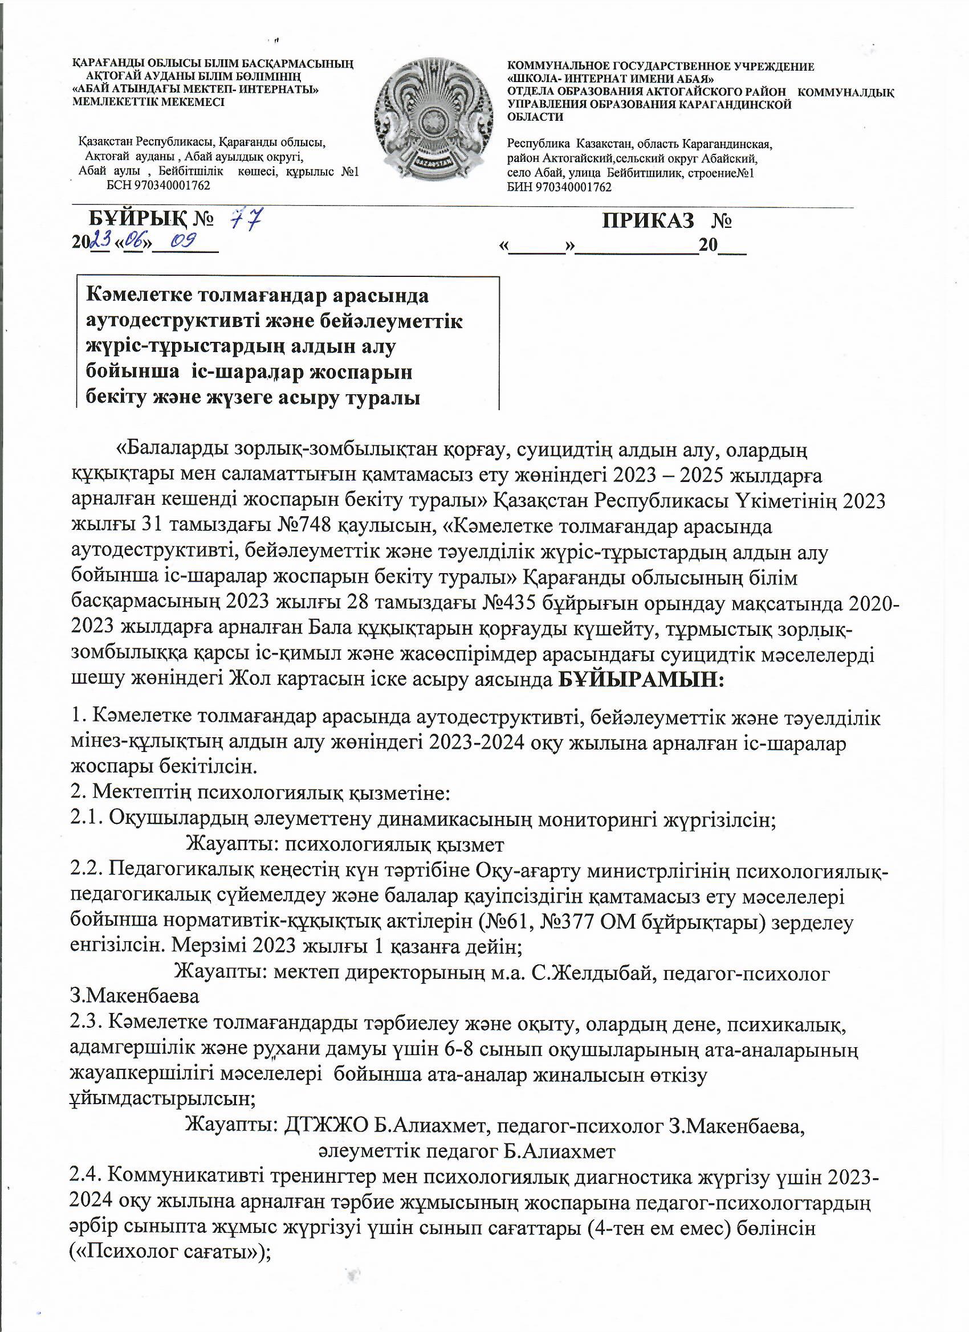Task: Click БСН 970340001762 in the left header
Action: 158,186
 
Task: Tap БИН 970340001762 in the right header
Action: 559,187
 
